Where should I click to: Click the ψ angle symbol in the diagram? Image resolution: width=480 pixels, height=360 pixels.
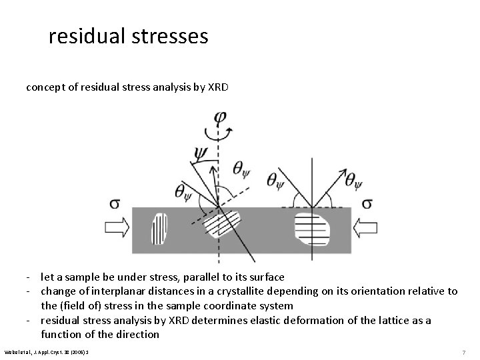(x=201, y=153)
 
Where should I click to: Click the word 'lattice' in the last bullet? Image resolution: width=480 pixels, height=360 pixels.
(x=391, y=320)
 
